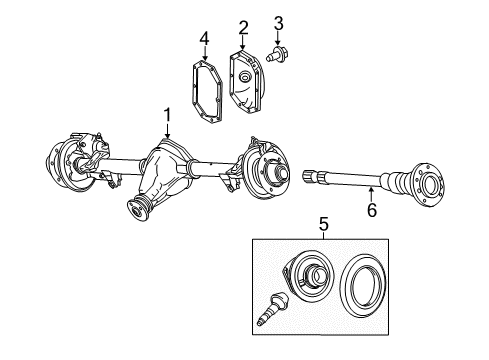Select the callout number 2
point(243,26)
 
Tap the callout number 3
point(279,23)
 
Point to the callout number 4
point(204,39)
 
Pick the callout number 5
point(323,225)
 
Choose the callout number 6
point(371,211)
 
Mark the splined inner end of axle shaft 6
point(310,177)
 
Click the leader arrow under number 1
point(168,132)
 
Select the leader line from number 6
point(371,195)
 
